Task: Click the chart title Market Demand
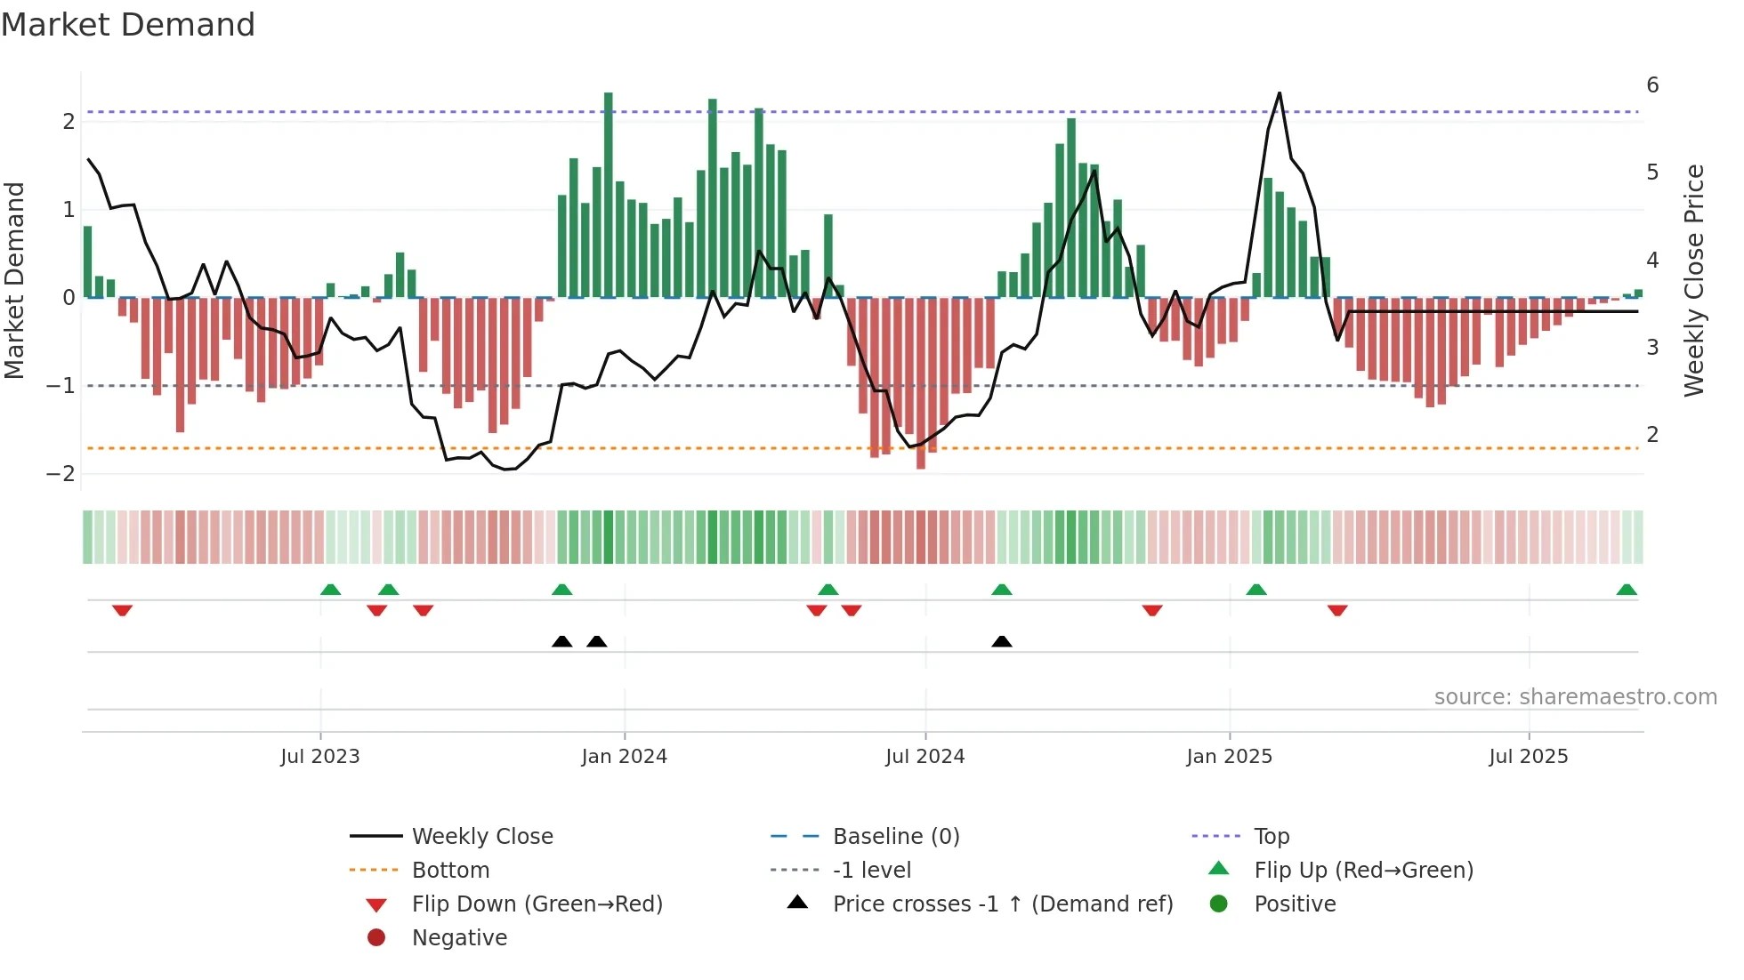128,25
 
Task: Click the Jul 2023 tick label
319,757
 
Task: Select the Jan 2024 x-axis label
624,757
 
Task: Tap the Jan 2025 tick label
1229,757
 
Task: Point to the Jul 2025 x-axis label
1528,757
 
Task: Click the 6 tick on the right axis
1652,85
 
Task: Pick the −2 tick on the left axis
61,473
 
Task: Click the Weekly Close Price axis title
1694,280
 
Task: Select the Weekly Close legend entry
481,837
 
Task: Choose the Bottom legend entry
450,871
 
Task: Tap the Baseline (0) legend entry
895,837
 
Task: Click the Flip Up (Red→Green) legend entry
1363,871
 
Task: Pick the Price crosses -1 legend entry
1002,904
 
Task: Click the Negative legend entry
459,938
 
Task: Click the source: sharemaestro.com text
1575,697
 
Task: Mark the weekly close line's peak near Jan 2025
1280,93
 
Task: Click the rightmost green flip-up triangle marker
1627,590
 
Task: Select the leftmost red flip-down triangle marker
122,610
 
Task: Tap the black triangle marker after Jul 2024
1002,641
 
